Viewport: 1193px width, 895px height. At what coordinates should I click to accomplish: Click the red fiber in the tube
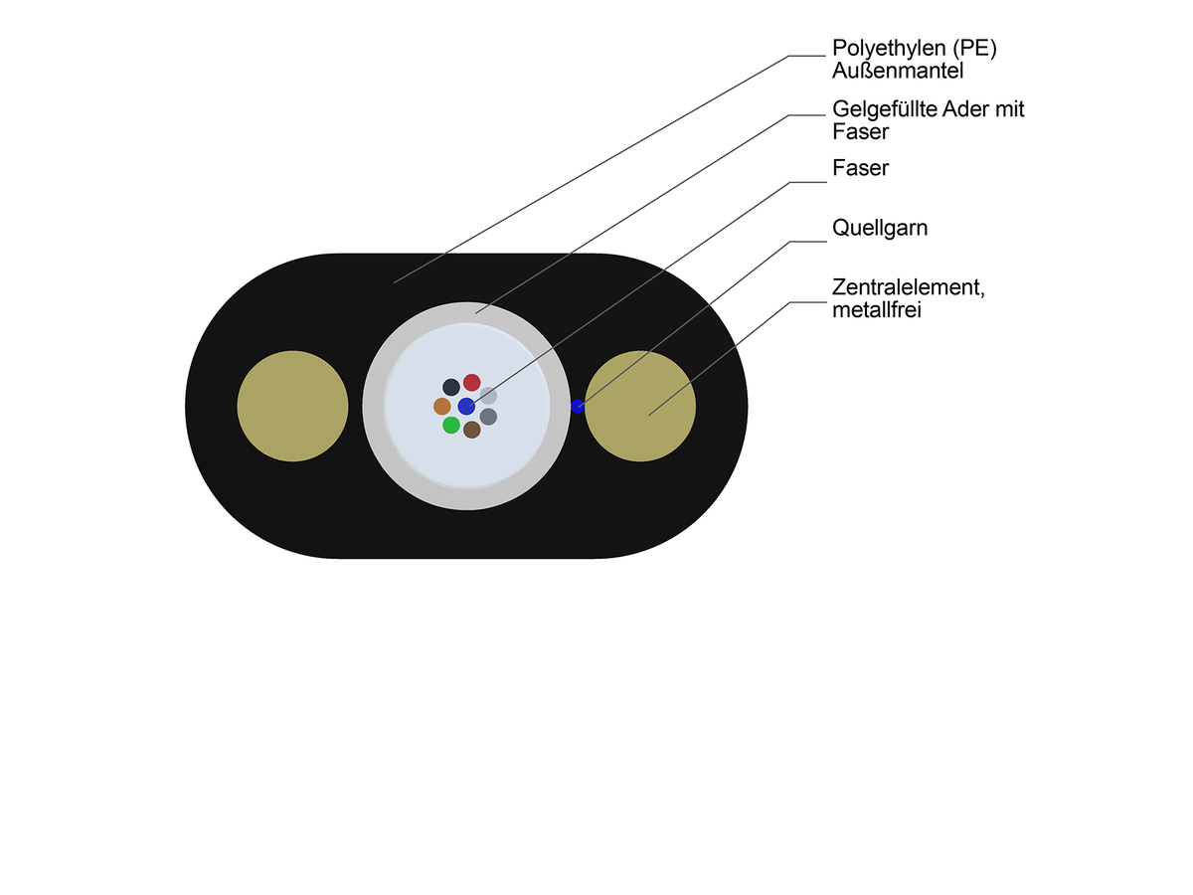click(x=472, y=383)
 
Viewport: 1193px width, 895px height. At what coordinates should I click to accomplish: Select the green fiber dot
click(x=451, y=426)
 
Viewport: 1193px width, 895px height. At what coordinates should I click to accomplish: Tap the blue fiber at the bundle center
click(x=466, y=406)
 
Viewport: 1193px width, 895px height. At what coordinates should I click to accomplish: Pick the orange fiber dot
click(x=442, y=406)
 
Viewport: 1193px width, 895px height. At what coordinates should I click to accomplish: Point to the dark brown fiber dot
click(x=472, y=430)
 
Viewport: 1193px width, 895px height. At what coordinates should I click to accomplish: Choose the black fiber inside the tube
click(x=451, y=386)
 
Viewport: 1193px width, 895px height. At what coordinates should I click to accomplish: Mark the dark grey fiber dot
click(x=488, y=417)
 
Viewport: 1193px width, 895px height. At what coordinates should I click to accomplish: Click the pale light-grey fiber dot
click(x=488, y=396)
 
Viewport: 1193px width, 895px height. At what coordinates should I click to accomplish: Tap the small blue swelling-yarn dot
click(x=577, y=406)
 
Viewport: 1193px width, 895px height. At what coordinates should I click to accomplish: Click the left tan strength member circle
click(x=292, y=406)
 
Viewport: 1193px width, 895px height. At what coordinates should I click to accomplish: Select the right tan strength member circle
click(x=640, y=406)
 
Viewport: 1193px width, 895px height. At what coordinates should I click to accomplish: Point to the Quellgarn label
click(x=880, y=229)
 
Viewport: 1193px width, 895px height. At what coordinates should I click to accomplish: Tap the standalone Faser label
click(x=860, y=169)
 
